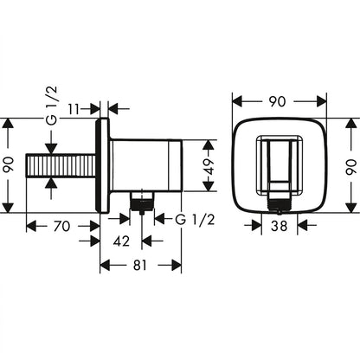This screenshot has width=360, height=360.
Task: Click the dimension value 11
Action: pos(74,109)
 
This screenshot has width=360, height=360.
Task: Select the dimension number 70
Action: pos(62,226)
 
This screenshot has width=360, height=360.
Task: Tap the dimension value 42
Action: pos(121,241)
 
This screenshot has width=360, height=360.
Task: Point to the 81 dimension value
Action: pos(140,265)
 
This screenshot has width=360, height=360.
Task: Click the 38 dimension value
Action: pos(280,226)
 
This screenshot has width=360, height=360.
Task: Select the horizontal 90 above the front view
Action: pos(277,101)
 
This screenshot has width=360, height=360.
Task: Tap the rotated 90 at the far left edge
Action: pos(9,164)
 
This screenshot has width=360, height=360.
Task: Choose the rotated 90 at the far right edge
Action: pos(350,167)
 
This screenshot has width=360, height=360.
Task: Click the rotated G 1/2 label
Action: pos(52,106)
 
